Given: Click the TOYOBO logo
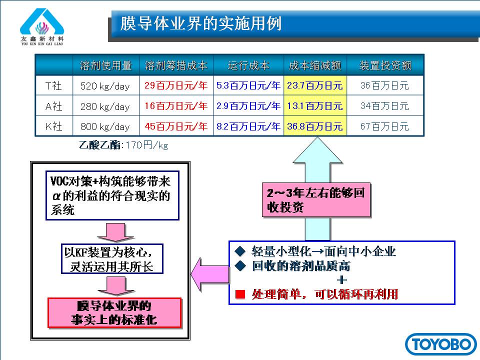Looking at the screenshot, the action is [x=440, y=344].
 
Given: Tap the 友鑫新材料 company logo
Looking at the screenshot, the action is [x=42, y=26].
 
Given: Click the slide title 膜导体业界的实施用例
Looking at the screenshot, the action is [x=201, y=23].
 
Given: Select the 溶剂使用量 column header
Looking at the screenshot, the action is [x=105, y=65].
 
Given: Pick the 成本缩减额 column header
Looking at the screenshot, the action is [x=315, y=65].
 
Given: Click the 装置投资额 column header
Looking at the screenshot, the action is [x=385, y=65].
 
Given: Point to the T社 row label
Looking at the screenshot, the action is [x=53, y=85].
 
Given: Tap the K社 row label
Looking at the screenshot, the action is [x=53, y=126].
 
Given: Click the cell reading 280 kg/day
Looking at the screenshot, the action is [x=105, y=106].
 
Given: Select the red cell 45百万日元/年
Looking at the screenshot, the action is [x=176, y=126].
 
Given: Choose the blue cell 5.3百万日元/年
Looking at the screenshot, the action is [x=248, y=85].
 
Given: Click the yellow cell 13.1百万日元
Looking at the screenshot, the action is [x=314, y=106].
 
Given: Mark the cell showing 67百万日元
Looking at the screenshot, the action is [x=384, y=126].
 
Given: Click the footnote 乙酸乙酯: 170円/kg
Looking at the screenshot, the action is [x=123, y=145].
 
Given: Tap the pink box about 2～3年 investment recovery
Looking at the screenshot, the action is [x=316, y=200].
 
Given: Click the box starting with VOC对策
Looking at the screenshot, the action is [x=112, y=195].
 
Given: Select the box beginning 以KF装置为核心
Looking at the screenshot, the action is [x=112, y=259].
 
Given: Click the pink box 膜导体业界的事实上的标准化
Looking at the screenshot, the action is [x=114, y=313].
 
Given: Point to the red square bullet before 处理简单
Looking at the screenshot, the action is [x=240, y=294].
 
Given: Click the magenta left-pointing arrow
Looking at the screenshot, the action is [x=210, y=274].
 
